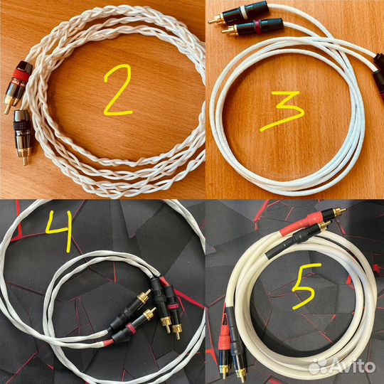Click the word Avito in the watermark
pyautogui.click(x=353, y=367)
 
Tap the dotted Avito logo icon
pyautogui.click(x=319, y=366)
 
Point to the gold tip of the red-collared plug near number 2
pyautogui.click(x=7, y=110)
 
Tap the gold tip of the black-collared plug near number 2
pyautogui.click(x=25, y=161)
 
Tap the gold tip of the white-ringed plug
pyautogui.click(x=212, y=21)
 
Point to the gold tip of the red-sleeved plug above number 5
pyautogui.click(x=341, y=210)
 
